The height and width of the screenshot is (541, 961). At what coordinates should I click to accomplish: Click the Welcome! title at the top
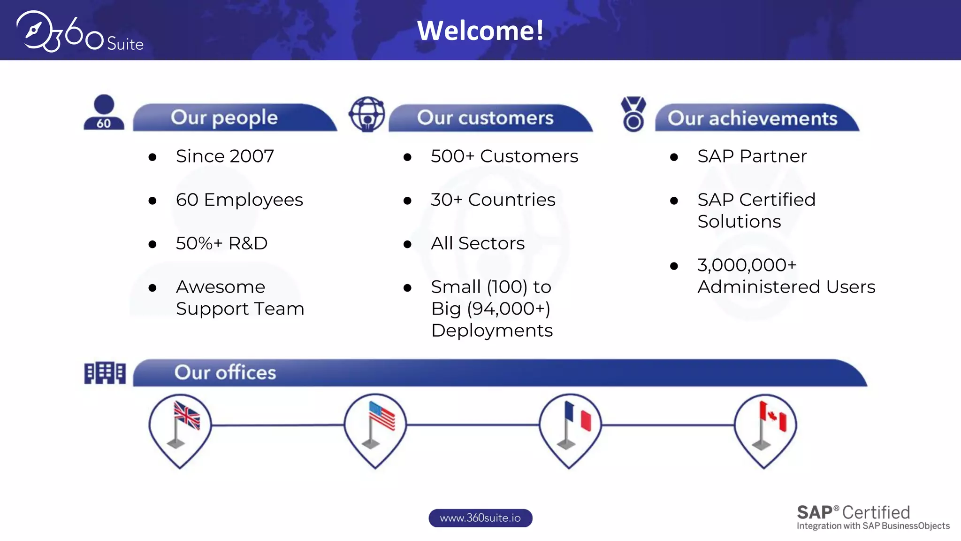click(x=480, y=31)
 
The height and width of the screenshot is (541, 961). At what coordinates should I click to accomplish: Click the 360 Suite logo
click(x=80, y=32)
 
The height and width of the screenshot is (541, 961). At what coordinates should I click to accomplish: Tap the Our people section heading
click(x=224, y=117)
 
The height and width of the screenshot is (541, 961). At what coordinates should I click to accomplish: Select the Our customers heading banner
click(x=485, y=117)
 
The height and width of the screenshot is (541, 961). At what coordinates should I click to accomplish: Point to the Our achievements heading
click(x=752, y=118)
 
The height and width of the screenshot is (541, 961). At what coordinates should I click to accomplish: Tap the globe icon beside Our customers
click(x=367, y=114)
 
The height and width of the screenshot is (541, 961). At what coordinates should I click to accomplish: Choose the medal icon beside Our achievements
click(x=633, y=114)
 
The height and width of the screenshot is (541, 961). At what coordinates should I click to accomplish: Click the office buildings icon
click(x=105, y=373)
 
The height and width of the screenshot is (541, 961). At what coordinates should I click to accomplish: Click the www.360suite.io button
click(x=480, y=518)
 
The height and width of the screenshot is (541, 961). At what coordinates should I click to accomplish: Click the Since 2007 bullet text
click(x=225, y=156)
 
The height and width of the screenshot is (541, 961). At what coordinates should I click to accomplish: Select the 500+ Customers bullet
click(x=504, y=156)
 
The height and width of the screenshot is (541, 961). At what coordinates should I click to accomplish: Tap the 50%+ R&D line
click(x=221, y=243)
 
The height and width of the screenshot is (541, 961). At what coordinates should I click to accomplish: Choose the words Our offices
click(x=225, y=372)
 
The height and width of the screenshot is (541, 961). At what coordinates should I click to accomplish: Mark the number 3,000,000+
click(x=747, y=265)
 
